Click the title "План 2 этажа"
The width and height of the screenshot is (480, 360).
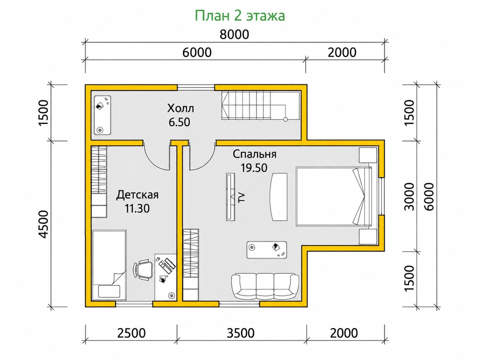pos(240,16)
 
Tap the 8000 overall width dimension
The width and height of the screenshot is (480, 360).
pos(234,34)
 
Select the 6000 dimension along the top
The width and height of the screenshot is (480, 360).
pos(197,52)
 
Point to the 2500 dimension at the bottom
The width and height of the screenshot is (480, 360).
pos(131,333)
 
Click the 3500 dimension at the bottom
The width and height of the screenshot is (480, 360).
pos(240,333)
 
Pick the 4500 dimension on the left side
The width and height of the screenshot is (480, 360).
pos(43,224)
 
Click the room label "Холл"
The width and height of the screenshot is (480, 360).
pos(180,108)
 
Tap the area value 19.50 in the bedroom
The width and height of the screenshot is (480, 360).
pos(254,168)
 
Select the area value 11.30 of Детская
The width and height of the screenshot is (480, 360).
pos(137,208)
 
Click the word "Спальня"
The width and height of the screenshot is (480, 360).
pos(254,154)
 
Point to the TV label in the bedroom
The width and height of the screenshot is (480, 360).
pos(242,198)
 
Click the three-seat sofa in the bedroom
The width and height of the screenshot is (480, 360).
pos(265,286)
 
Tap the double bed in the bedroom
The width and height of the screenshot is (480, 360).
pos(334,196)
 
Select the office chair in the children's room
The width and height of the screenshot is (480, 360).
pos(144,270)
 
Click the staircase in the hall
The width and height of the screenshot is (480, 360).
pos(260,106)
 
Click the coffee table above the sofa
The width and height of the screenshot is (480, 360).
pos(266,250)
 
